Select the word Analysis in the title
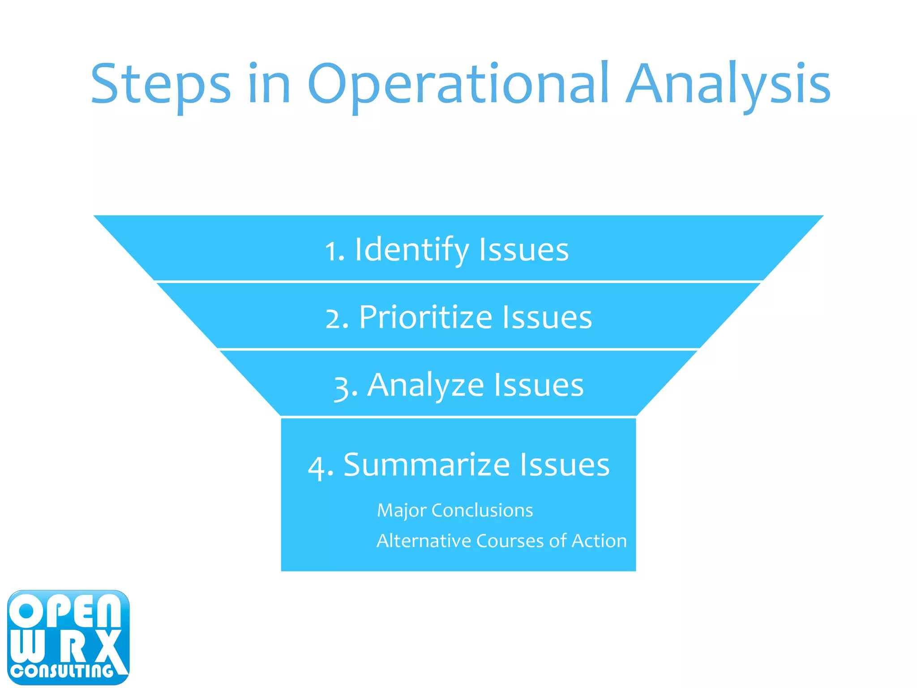tap(728, 85)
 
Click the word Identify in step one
tap(411, 250)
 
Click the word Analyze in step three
tap(425, 385)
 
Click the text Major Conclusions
tap(455, 511)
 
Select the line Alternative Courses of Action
tap(501, 541)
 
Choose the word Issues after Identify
tap(524, 250)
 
